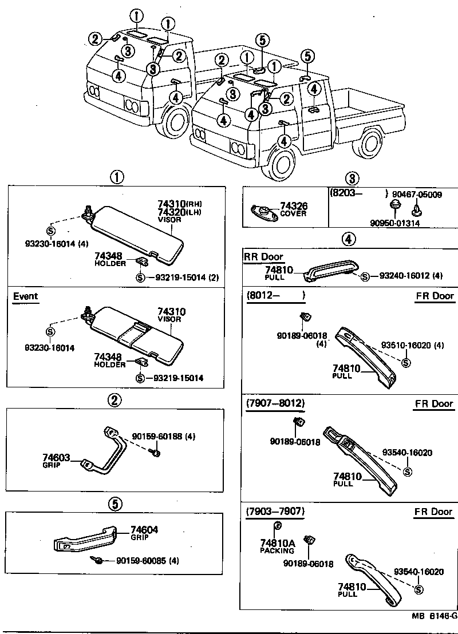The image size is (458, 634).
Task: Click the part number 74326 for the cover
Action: click(293, 206)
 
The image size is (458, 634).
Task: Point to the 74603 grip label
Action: click(56, 457)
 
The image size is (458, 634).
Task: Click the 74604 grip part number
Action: click(144, 530)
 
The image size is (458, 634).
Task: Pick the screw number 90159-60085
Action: click(141, 561)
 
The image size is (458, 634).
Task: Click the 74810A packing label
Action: click(277, 542)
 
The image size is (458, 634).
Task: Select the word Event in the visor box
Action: click(25, 296)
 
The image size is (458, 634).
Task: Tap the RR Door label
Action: click(264, 256)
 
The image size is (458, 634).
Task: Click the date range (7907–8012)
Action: click(275, 403)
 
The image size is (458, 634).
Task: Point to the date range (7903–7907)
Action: click(275, 511)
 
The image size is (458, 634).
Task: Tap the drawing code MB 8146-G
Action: click(434, 616)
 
